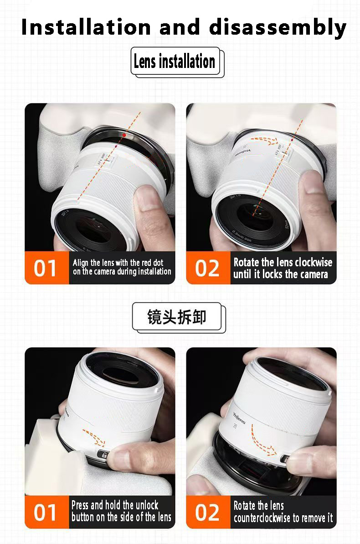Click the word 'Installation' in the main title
(86, 27)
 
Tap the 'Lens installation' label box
(175, 61)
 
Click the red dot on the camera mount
(123, 135)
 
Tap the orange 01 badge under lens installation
(46, 268)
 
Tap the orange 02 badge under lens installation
(207, 268)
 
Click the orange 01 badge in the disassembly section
(46, 512)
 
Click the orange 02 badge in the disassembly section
(207, 512)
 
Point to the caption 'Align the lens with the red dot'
(118, 263)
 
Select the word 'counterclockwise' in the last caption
(268, 518)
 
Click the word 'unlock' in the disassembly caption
(147, 505)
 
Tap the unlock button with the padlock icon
(104, 456)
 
